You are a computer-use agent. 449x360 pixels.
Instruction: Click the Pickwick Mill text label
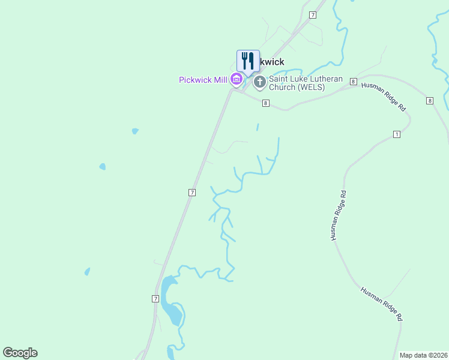tap(203, 80)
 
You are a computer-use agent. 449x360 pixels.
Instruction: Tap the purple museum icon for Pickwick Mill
tap(237, 79)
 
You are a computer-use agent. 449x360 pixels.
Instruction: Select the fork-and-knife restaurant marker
tap(248, 61)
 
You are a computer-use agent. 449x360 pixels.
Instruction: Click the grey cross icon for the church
tap(260, 82)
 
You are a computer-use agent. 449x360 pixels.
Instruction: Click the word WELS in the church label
tap(313, 87)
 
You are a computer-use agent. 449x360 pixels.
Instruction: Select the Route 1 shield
tap(396, 134)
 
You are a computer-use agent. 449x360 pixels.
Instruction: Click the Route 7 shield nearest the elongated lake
tap(155, 298)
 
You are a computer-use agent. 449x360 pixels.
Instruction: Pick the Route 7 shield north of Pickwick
tap(313, 14)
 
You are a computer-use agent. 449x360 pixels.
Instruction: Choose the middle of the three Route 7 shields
tap(191, 192)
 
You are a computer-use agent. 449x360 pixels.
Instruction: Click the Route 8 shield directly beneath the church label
tap(265, 103)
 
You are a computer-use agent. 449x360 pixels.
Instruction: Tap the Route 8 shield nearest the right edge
tap(430, 101)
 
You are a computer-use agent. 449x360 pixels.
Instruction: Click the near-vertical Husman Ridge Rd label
tap(338, 216)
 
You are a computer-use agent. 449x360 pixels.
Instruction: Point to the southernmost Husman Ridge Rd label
tap(381, 303)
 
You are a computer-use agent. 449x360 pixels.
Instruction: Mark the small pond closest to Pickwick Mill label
tap(135, 131)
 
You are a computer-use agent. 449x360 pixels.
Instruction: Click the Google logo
tap(20, 353)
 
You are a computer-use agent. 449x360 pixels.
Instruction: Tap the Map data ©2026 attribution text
tap(423, 355)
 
